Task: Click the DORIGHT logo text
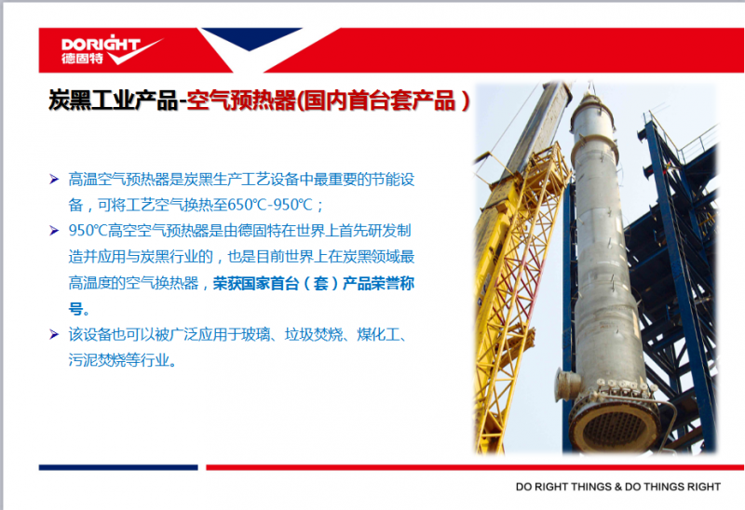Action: pos(101,44)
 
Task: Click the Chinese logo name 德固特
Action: pos(82,59)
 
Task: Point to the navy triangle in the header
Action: pos(250,38)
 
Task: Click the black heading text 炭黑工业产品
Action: pos(113,101)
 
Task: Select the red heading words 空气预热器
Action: pos(241,101)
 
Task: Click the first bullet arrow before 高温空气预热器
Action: pos(54,180)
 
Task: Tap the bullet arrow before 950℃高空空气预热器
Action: pos(54,231)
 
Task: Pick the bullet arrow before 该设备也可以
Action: pos(54,334)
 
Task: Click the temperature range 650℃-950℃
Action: pos(270,205)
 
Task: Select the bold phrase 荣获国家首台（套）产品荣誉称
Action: pos(314,283)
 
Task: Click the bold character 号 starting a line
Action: pos(75,309)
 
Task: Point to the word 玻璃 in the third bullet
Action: pos(255,334)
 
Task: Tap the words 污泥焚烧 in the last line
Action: pos(97,360)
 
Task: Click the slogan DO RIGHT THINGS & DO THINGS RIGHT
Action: pos(618,487)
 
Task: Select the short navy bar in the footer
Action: pos(118,468)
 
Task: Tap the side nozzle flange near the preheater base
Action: pos(566,384)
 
